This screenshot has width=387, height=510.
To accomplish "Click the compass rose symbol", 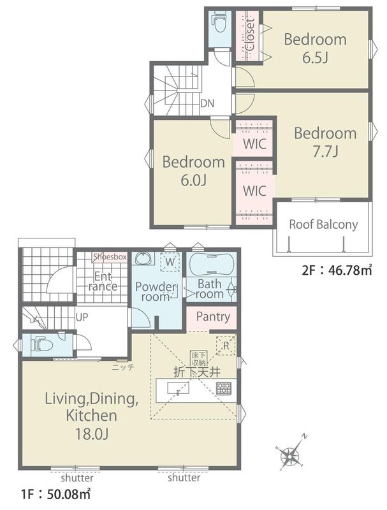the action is pyautogui.click(x=291, y=453).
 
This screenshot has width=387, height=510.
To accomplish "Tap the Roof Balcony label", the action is pyautogui.click(x=323, y=224).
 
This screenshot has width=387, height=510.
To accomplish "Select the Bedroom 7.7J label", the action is pyautogui.click(x=325, y=142).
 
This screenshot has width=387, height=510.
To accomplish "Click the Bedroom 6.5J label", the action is pyautogui.click(x=315, y=48).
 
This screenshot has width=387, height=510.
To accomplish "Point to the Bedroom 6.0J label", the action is pyautogui.click(x=194, y=171).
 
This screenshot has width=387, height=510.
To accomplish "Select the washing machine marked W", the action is pyautogui.click(x=170, y=261).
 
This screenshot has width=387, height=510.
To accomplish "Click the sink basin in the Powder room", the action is pyautogui.click(x=143, y=259).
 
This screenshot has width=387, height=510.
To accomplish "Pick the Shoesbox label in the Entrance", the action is pyautogui.click(x=110, y=257).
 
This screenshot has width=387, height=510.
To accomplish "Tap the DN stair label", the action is pyautogui.click(x=207, y=104).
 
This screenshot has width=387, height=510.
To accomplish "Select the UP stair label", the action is pyautogui.click(x=82, y=317).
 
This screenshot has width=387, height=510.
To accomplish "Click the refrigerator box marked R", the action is pyautogui.click(x=226, y=345).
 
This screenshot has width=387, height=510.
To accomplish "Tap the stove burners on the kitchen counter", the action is pyautogui.click(x=224, y=388).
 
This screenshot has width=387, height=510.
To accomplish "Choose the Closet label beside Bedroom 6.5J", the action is pyautogui.click(x=250, y=35).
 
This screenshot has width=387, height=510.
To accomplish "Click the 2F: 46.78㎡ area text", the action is pyautogui.click(x=337, y=270).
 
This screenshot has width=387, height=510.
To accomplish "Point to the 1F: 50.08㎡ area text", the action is pyautogui.click(x=55, y=495).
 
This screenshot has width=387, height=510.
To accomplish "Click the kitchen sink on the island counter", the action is pyautogui.click(x=178, y=388).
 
